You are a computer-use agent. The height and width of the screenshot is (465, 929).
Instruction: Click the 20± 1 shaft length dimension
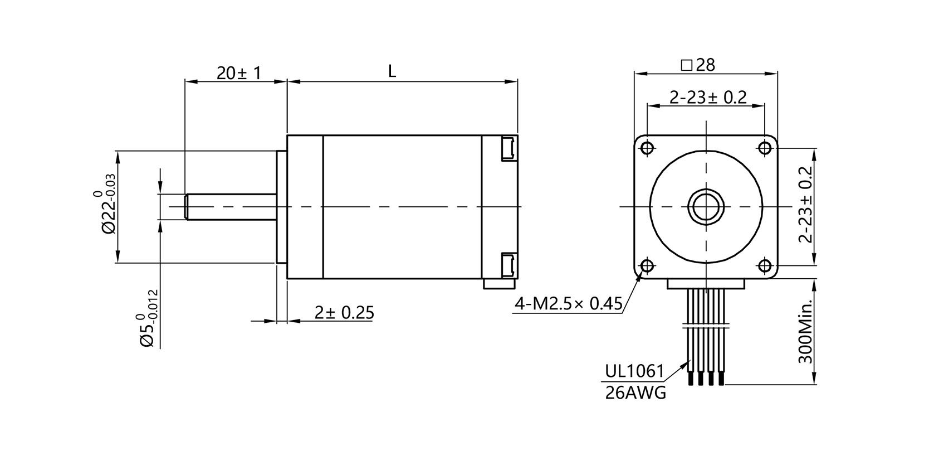[238, 72]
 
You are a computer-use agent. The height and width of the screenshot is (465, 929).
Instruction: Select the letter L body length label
[392, 71]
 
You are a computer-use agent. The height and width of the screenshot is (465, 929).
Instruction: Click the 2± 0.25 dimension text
[344, 313]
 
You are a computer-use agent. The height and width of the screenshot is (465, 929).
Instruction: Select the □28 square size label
[698, 65]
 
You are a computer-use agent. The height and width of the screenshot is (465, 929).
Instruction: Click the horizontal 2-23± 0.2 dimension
[707, 98]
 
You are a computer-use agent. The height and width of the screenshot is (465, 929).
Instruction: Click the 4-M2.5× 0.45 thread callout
[568, 304]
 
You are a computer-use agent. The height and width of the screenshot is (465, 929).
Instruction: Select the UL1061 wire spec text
[634, 371]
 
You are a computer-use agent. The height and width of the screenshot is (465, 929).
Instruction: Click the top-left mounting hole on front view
[647, 148]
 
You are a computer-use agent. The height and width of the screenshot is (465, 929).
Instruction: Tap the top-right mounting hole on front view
[764, 148]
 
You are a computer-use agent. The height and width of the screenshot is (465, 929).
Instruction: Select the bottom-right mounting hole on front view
[764, 266]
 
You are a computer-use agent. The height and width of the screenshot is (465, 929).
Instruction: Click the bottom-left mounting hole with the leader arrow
[647, 266]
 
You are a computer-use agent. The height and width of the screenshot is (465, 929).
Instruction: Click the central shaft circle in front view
[706, 207]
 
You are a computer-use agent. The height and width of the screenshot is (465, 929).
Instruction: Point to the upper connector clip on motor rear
[508, 148]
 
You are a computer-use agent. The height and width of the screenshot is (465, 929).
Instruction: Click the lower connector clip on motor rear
[508, 264]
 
